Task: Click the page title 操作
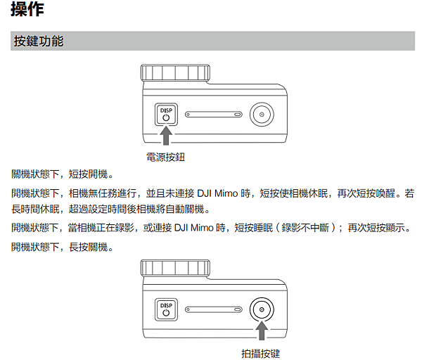pyautogui.click(x=26, y=10)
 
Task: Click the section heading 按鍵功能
pyautogui.click(x=38, y=41)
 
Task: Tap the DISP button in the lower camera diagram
pyautogui.click(x=167, y=309)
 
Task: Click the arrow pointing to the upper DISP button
pyautogui.click(x=167, y=136)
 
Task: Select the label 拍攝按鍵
pyautogui.click(x=261, y=353)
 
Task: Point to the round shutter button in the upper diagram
pyautogui.click(x=262, y=114)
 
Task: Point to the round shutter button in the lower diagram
pyautogui.click(x=262, y=309)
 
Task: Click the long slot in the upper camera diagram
pyautogui.click(x=215, y=114)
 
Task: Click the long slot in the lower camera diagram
pyautogui.click(x=215, y=309)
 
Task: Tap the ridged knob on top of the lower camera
pyautogui.click(x=175, y=268)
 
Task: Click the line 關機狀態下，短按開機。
pyautogui.click(x=62, y=174)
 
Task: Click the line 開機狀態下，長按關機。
pyautogui.click(x=62, y=247)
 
